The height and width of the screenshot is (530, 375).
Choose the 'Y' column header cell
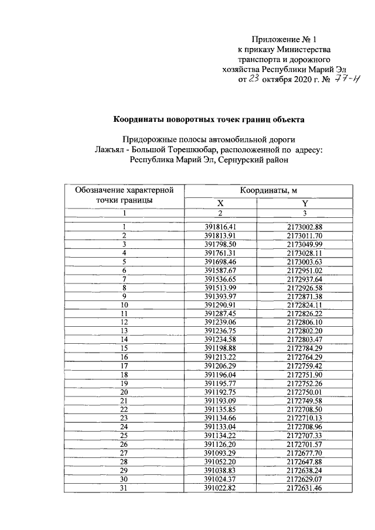coord(305,203)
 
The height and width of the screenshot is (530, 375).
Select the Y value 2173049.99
coord(305,244)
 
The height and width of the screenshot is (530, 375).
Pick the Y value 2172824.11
coord(305,305)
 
